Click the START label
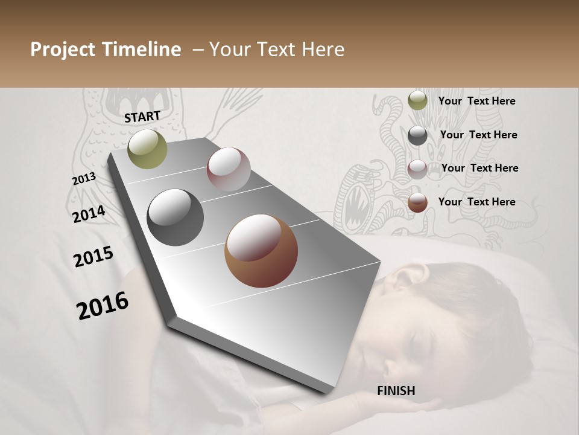pyautogui.click(x=142, y=117)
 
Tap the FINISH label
pyautogui.click(x=396, y=391)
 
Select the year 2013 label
pyautogui.click(x=84, y=179)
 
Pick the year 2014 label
pyautogui.click(x=89, y=214)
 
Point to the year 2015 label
pyautogui.click(x=93, y=257)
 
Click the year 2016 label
pyautogui.click(x=103, y=306)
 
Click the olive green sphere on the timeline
pyautogui.click(x=147, y=149)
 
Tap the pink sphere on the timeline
pyautogui.click(x=229, y=169)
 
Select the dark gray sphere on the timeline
pyautogui.click(x=175, y=217)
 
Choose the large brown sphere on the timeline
pyautogui.click(x=261, y=251)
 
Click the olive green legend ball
pyautogui.click(x=417, y=101)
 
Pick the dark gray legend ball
pyautogui.click(x=417, y=135)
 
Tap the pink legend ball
pyautogui.click(x=417, y=169)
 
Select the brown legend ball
pyautogui.click(x=417, y=203)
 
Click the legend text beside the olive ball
pyautogui.click(x=476, y=101)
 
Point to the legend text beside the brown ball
pyautogui.click(x=476, y=202)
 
